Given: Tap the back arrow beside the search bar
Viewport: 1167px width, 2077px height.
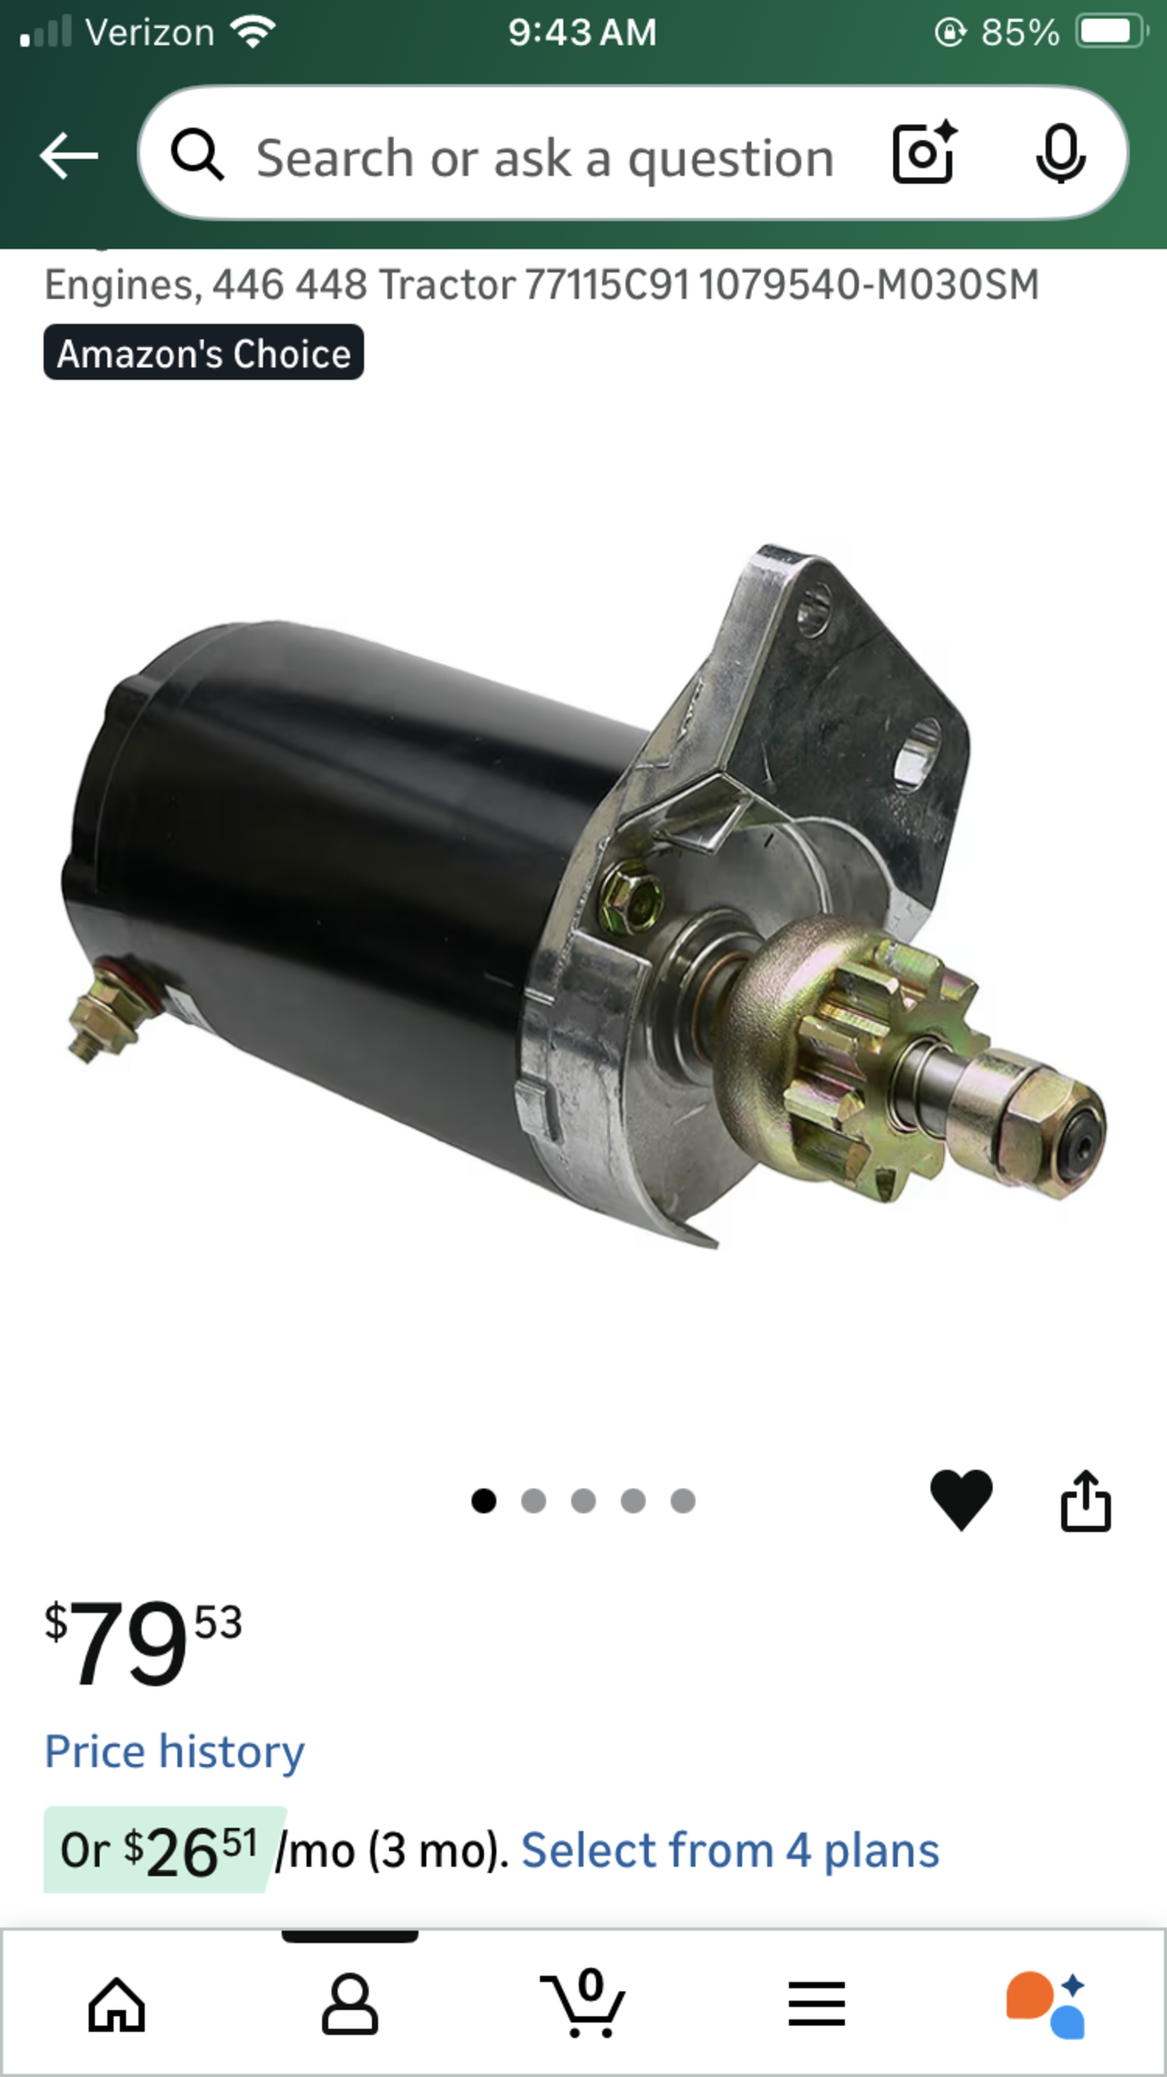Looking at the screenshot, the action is pyautogui.click(x=68, y=155).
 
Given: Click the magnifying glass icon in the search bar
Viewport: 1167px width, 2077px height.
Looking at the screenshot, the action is pyautogui.click(x=197, y=154).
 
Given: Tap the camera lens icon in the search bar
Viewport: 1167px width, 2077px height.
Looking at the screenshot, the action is pyautogui.click(x=924, y=152).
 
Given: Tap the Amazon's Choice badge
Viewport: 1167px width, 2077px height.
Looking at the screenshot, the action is pyautogui.click(x=203, y=353).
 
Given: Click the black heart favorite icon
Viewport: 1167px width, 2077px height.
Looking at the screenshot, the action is pyautogui.click(x=961, y=1500).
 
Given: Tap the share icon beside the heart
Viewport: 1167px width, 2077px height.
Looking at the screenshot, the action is pyautogui.click(x=1086, y=1500).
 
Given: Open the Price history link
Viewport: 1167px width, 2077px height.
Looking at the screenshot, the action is pyautogui.click(x=174, y=1751).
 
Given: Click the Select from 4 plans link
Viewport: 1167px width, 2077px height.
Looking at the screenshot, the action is pyautogui.click(x=729, y=1850).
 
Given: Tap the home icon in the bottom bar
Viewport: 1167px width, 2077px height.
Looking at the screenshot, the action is pyautogui.click(x=117, y=2004).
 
